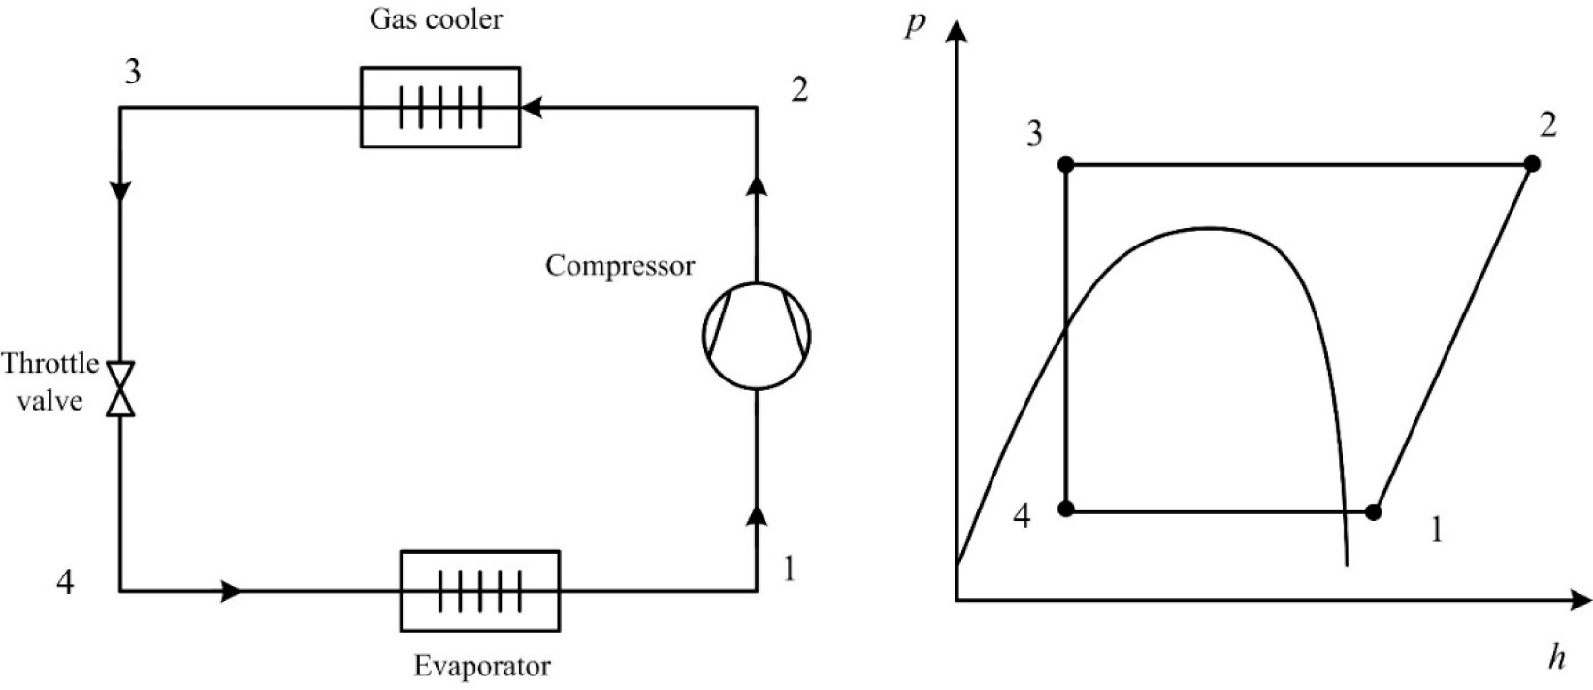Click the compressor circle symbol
click(x=757, y=336)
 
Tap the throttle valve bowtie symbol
click(x=121, y=389)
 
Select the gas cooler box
click(x=439, y=107)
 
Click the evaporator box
click(x=479, y=590)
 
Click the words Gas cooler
click(x=435, y=19)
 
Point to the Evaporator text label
click(x=481, y=667)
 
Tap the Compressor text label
click(x=620, y=266)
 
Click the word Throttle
click(x=50, y=364)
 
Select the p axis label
click(x=913, y=21)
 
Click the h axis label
click(x=1557, y=659)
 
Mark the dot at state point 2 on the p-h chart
click(x=1532, y=164)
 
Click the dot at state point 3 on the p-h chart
click(x=1066, y=165)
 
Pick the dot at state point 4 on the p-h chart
click(x=1066, y=509)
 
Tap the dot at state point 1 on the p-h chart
click(x=1373, y=510)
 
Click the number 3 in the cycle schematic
click(x=132, y=72)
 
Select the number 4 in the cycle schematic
click(x=64, y=583)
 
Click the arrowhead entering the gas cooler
click(x=530, y=107)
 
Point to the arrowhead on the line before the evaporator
click(x=231, y=590)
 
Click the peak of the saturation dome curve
click(x=1208, y=228)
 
